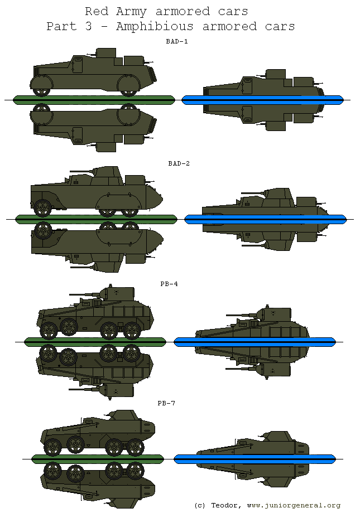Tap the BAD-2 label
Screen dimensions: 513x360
pyautogui.click(x=179, y=163)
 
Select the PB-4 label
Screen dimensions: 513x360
pyautogui.click(x=169, y=284)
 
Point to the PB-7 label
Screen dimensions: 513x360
pyautogui.click(x=166, y=403)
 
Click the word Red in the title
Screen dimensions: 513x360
pyautogui.click(x=97, y=11)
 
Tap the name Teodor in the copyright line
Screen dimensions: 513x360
pyautogui.click(x=225, y=505)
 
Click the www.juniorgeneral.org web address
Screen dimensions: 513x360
pyautogui.click(x=293, y=505)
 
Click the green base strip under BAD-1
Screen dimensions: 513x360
pyautogui.click(x=93, y=100)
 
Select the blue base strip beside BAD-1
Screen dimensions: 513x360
pyautogui.click(x=262, y=100)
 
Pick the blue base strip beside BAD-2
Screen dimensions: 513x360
pyautogui.click(x=265, y=219)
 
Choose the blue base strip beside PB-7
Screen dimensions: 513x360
pyautogui.click(x=255, y=459)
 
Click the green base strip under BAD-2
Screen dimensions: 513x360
pyautogui.click(x=96, y=219)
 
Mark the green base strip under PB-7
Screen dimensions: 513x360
pyautogui.click(x=98, y=459)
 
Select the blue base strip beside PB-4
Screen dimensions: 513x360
pyautogui.click(x=255, y=341)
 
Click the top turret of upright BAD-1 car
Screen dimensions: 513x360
pyautogui.click(x=106, y=53)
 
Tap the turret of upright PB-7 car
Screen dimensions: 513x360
pyautogui.click(x=124, y=415)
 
